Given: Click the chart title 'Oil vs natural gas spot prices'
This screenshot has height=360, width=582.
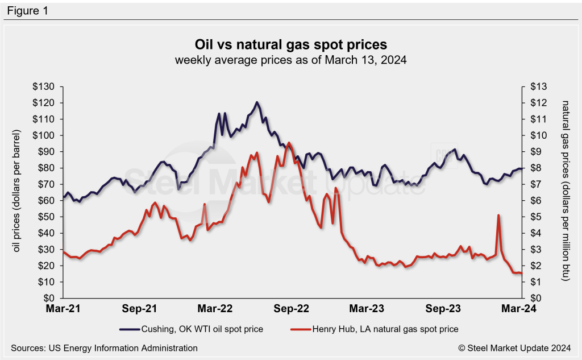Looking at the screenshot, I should (x=290, y=44).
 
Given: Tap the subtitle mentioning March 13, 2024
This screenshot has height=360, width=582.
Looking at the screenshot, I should (x=290, y=60).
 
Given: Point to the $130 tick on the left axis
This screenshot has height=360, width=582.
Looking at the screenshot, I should (x=46, y=86).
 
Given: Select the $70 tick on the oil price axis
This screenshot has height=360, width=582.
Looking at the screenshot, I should (x=48, y=184).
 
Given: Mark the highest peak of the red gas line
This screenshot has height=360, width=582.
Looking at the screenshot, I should (x=289, y=143).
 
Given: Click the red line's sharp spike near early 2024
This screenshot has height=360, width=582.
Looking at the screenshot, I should (x=498, y=216).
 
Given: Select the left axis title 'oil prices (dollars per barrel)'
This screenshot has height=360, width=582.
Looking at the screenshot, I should (x=18, y=192).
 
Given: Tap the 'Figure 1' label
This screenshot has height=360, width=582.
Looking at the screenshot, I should (x=28, y=10).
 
